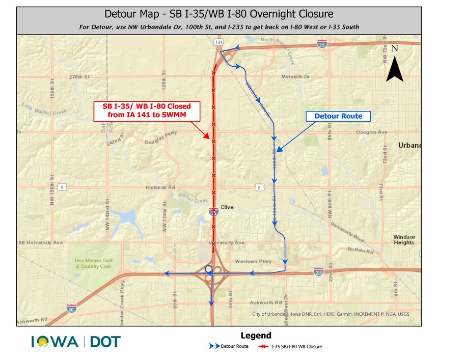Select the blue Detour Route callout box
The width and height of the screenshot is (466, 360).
click(338, 116)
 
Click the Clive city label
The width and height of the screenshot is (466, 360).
click(227, 208)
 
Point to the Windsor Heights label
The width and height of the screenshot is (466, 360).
click(404, 240)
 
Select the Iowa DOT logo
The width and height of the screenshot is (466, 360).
click(76, 341)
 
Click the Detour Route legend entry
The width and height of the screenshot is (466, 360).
click(229, 346)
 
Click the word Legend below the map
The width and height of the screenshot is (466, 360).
click(256, 336)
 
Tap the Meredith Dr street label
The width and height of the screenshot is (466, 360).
click(295, 77)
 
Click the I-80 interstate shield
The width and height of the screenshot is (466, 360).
click(71, 308)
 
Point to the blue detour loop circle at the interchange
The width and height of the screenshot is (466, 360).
click(208, 269)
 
